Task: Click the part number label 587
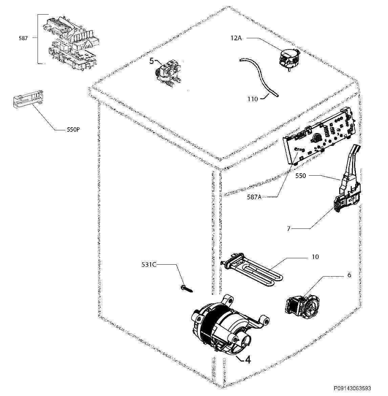(x=23, y=39)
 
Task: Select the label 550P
(x=73, y=130)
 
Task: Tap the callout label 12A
(x=236, y=38)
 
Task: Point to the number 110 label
(x=253, y=99)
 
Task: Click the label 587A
(x=254, y=197)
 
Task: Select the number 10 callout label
(x=315, y=257)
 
